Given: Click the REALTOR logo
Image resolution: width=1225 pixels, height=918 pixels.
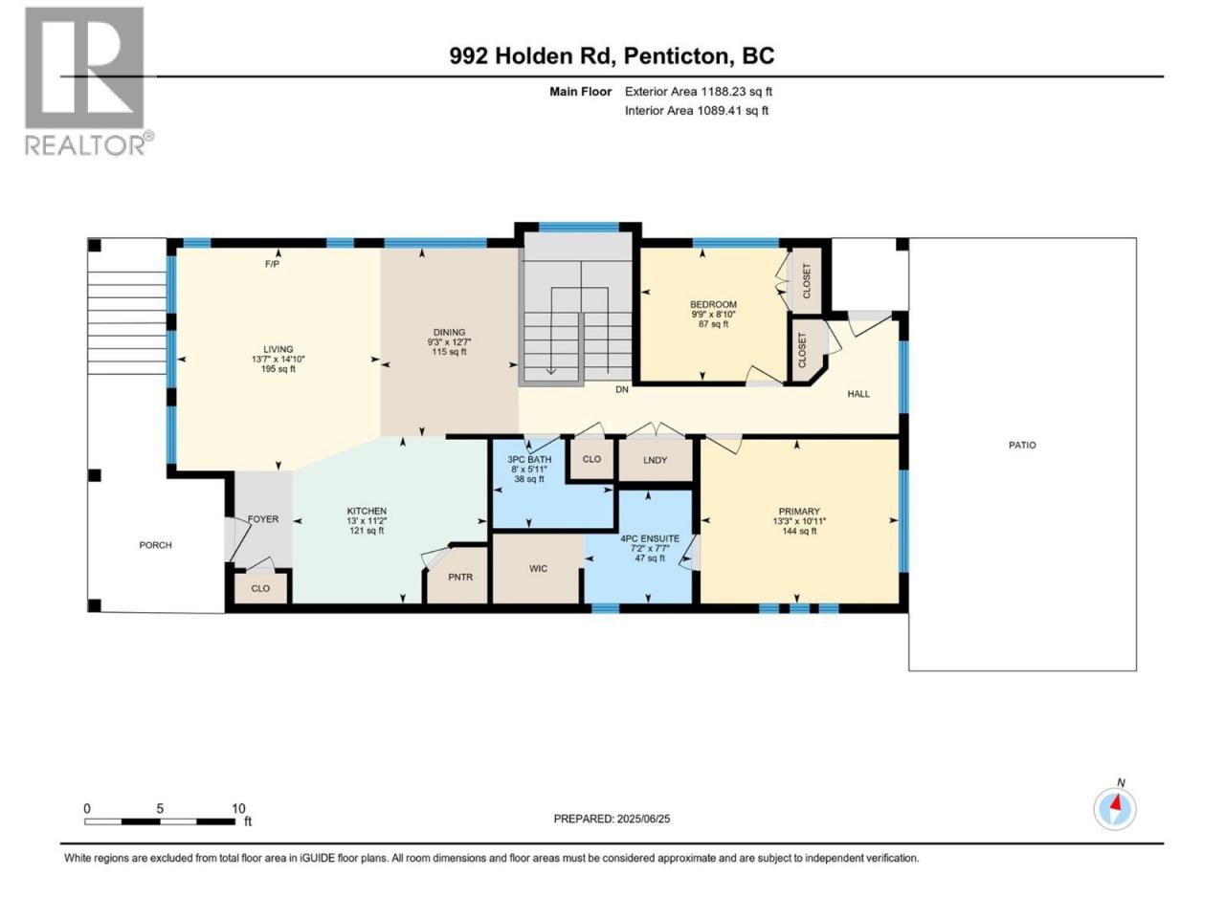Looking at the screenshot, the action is coord(88,81).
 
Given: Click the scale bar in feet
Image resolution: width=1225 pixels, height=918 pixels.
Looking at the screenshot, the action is coord(160,821).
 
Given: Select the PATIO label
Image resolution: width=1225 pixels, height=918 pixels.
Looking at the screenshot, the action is coord(1022,445).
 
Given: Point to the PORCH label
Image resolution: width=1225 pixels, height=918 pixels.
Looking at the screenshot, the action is coord(156,545).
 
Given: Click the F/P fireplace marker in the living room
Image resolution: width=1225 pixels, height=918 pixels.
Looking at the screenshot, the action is coord(272,264).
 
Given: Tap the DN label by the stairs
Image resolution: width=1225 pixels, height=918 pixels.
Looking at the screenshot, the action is coord(622,389).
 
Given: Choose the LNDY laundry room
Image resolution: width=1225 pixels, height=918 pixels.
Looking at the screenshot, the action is coord(656,460).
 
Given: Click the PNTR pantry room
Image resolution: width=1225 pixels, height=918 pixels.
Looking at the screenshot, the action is coord(460,576).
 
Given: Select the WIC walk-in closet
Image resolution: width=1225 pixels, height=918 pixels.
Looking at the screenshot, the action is coord(538,569).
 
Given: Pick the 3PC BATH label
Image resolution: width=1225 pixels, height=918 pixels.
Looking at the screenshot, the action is coord(529,459).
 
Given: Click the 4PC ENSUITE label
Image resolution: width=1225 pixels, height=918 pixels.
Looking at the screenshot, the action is coord(650,538).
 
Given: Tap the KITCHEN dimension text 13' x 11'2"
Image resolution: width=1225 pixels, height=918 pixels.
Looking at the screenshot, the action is coord(367,520).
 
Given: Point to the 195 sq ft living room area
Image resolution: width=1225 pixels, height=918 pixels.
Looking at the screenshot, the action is coord(278,369).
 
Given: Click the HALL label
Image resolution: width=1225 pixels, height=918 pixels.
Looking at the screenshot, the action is coord(858,394).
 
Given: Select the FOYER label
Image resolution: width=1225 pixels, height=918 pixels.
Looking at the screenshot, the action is coord(263,519).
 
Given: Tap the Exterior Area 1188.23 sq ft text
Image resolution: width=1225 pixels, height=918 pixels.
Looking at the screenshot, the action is coord(699,92).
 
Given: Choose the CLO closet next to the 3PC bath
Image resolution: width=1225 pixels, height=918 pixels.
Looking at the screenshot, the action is coord(591,459).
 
